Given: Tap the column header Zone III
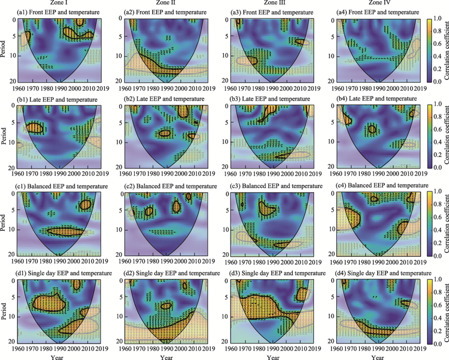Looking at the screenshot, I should [272, 3].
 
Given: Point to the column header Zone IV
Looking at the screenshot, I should [378, 3].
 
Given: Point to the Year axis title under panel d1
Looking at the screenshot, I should [60, 357].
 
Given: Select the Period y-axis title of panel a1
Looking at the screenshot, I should [4, 49].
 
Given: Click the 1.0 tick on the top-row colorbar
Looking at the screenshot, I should [437, 18].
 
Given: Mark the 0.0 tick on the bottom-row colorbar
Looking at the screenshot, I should [437, 343].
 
